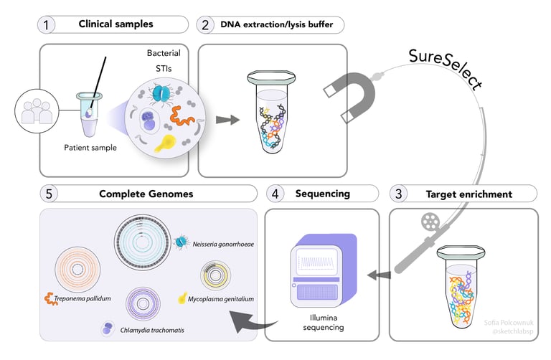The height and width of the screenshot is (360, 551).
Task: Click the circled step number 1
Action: coord(46,24)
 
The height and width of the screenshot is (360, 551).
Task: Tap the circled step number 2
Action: coord(206,24)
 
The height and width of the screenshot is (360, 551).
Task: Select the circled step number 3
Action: coord(399,194)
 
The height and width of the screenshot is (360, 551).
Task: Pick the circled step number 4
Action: coord(275,194)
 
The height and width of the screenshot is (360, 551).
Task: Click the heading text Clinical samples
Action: coord(116,24)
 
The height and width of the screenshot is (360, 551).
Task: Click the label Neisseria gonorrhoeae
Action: coord(227,245)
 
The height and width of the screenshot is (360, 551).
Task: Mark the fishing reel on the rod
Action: coord(429,219)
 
